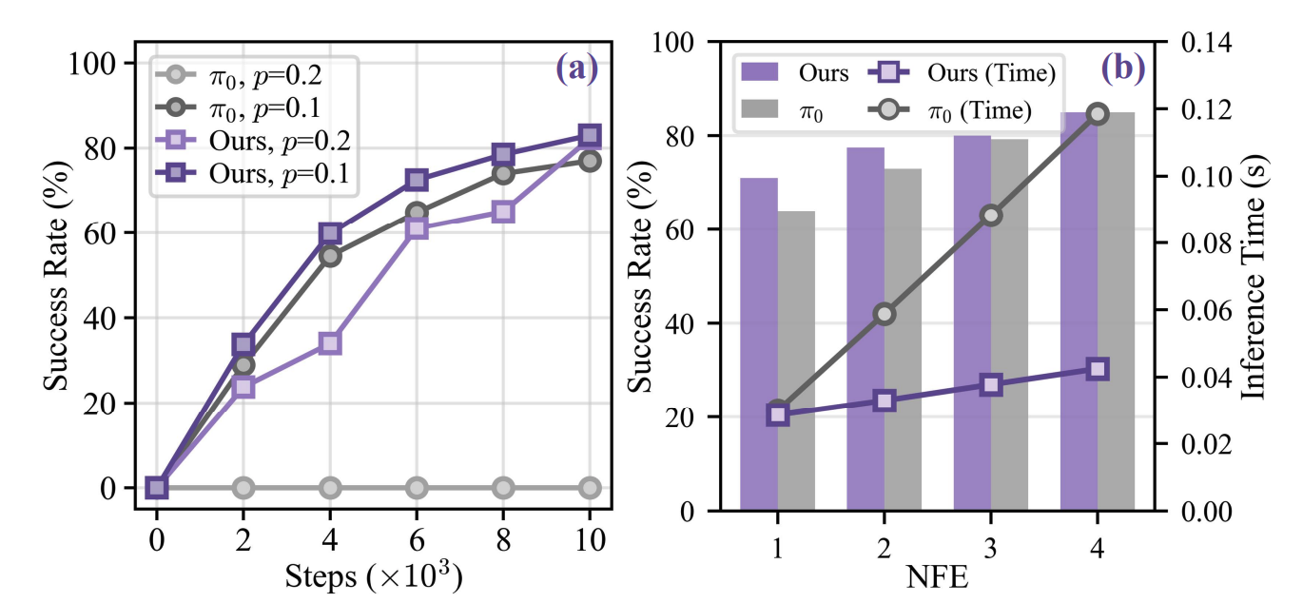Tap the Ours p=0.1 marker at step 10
[x=590, y=136]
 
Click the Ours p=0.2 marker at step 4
[x=330, y=343]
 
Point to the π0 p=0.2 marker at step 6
[x=417, y=488]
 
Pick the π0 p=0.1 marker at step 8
[x=503, y=173]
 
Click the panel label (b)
[x=1122, y=68]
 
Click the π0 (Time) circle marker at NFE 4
[x=1098, y=114]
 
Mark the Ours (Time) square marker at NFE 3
[x=991, y=385]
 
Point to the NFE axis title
[x=938, y=576]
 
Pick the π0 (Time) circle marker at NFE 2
[x=885, y=315]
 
